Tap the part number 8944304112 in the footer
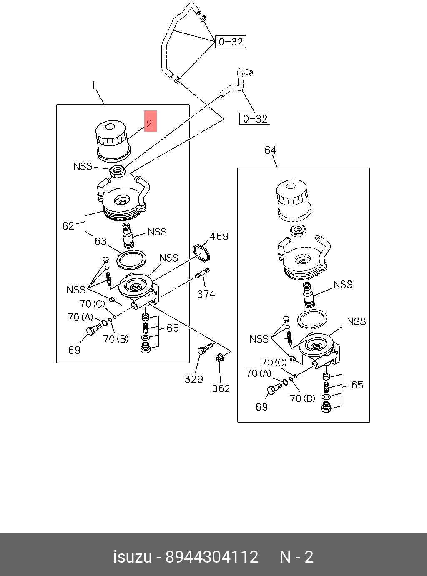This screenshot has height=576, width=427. click(212, 557)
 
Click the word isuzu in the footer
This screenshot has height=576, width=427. click(132, 557)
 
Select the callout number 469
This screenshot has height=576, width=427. click(219, 237)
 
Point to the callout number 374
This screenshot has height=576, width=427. click(206, 294)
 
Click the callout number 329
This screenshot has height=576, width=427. click(194, 379)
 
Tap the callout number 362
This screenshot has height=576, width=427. click(221, 388)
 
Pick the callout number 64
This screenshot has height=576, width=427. click(271, 150)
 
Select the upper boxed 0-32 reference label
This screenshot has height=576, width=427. click(231, 42)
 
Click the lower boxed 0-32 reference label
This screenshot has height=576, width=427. click(255, 119)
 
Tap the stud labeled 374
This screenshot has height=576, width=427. click(202, 275)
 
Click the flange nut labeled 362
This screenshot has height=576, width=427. click(219, 358)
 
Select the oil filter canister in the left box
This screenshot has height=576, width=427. click(111, 140)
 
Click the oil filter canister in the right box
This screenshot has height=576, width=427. click(293, 200)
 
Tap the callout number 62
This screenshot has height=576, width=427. click(68, 226)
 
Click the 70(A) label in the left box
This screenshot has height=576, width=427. click(80, 318)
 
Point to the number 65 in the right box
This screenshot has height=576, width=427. click(357, 385)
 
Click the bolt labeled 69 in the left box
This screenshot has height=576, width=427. click(93, 330)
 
